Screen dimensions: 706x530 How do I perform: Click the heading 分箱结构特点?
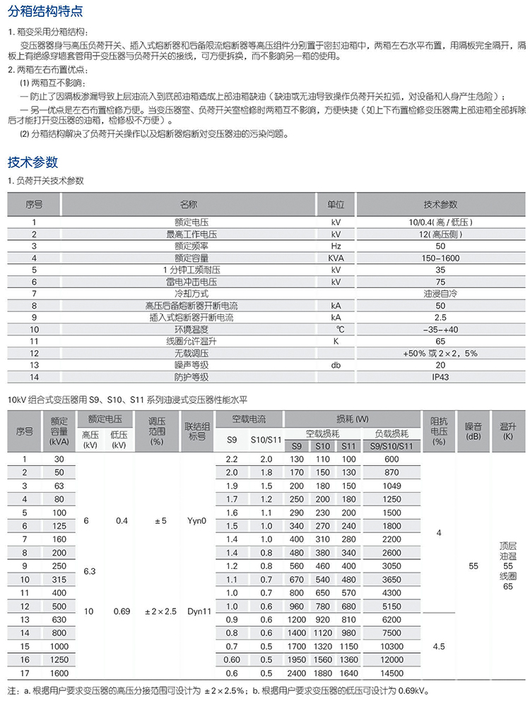tap(45, 12)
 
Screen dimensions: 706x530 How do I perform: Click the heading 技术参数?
tap(33, 162)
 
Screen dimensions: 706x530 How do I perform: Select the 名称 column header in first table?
tap(189, 205)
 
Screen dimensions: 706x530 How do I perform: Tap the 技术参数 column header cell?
tap(440, 205)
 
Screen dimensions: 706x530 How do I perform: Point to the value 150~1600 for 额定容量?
tap(440, 258)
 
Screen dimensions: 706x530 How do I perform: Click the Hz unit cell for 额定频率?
tap(336, 246)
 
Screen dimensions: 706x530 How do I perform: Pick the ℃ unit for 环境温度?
tap(336, 329)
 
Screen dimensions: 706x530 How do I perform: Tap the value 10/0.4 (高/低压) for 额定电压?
tap(440, 222)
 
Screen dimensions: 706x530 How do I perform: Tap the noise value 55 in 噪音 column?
tap(473, 566)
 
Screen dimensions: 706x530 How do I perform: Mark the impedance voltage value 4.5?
tap(439, 646)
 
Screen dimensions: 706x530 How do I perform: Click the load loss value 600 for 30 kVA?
tap(391, 459)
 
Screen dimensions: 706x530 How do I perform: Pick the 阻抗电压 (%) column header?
tap(439, 431)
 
